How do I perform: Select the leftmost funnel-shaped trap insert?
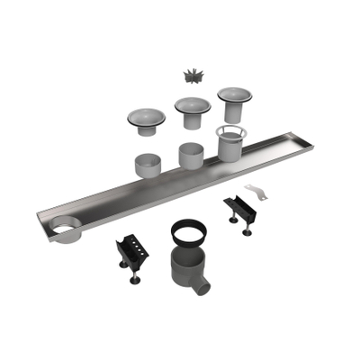[145, 119]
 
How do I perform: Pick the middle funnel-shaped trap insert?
[191, 111]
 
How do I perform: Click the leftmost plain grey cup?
[147, 166]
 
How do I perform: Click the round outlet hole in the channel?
[66, 231]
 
